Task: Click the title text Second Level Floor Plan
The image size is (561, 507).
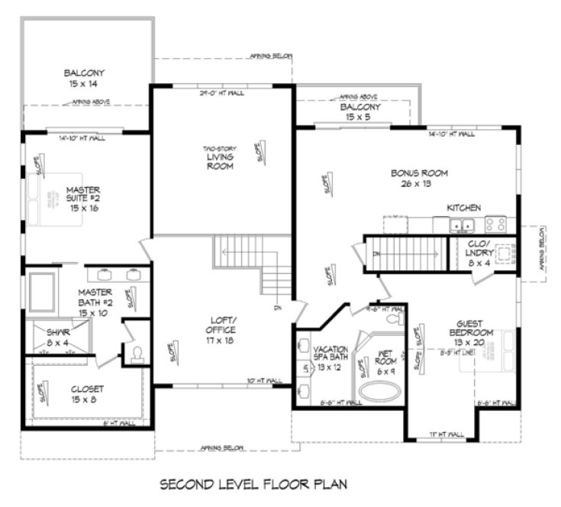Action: pyautogui.click(x=253, y=484)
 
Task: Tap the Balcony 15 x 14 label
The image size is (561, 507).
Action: pyautogui.click(x=84, y=79)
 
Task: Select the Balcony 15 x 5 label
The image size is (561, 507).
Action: pyautogui.click(x=360, y=112)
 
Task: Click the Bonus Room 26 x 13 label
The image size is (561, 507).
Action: pyautogui.click(x=418, y=178)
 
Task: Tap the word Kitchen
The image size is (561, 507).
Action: pyautogui.click(x=463, y=208)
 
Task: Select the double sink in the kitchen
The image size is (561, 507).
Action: pyautogui.click(x=461, y=225)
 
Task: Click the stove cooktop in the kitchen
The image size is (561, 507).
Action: pyautogui.click(x=495, y=225)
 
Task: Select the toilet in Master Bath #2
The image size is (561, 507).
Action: pyautogui.click(x=138, y=354)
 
